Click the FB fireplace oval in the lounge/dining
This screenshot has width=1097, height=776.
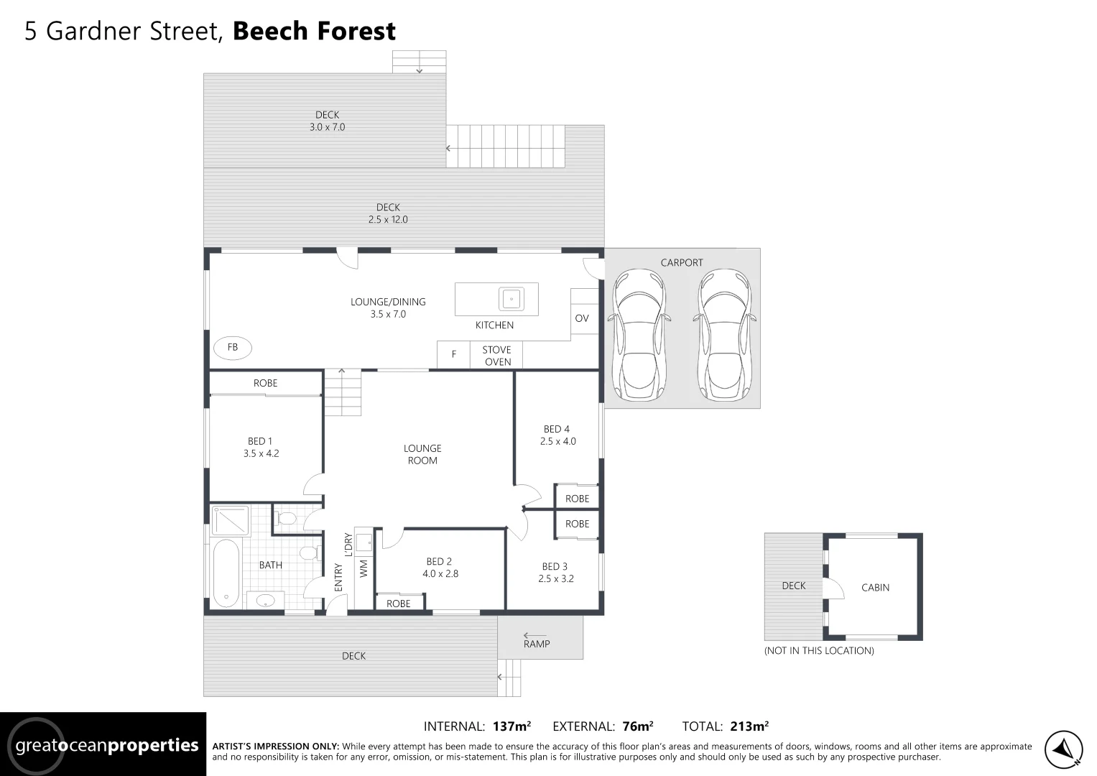[233, 348]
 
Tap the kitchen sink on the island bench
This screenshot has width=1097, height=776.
[511, 298]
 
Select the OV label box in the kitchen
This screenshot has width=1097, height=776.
[582, 318]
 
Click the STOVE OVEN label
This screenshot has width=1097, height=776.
[497, 356]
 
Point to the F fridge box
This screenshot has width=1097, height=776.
[453, 354]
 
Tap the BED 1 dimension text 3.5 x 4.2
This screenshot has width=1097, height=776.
[261, 453]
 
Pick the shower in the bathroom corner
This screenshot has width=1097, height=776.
[230, 521]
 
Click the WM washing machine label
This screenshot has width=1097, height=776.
[364, 568]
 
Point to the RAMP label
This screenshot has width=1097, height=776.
[537, 644]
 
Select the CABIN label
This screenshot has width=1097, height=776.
[875, 587]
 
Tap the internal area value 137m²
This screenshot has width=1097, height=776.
[512, 726]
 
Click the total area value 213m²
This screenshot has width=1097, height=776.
[749, 726]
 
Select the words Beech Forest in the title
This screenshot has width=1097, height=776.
[314, 31]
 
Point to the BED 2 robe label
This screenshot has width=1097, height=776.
[398, 604]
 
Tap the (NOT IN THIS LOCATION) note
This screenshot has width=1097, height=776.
[819, 651]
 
